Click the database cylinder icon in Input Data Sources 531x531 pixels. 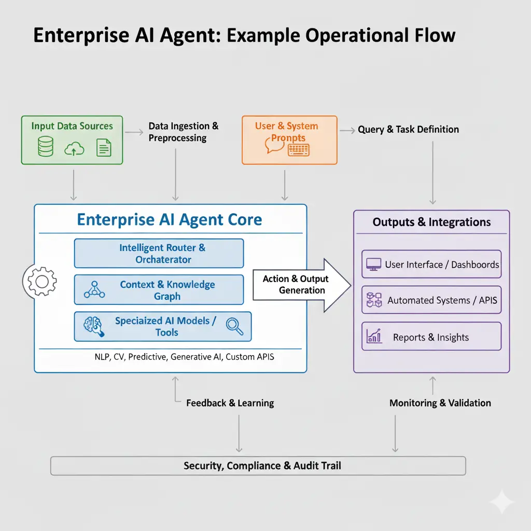pos(46,147)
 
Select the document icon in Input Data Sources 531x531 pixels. pos(104,148)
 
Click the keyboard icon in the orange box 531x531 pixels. pos(298,150)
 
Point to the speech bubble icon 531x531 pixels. pos(275,145)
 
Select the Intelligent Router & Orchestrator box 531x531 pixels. pos(159,253)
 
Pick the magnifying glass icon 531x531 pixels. pos(234,326)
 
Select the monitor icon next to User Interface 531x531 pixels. pos(373,264)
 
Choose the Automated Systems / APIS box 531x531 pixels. pos(431,300)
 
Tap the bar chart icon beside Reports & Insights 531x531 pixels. pos(374,336)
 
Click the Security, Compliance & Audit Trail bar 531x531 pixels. pos(258,466)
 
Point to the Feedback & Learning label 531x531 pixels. pos(230,403)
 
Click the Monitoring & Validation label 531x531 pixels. pos(440,403)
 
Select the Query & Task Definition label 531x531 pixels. pos(408,130)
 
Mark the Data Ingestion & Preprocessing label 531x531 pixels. pos(183,132)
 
